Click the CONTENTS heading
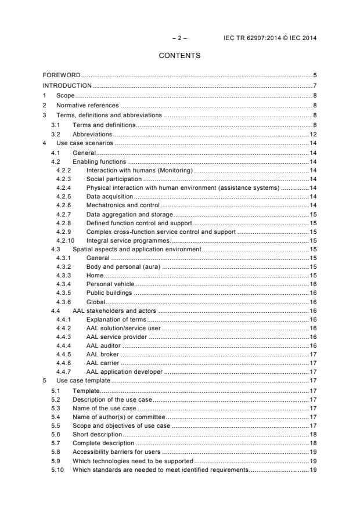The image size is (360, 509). point(179,56)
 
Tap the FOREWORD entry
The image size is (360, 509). point(62,75)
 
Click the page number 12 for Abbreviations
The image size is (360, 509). point(312,133)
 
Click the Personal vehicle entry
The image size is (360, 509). point(110,284)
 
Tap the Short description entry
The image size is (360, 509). point(97,434)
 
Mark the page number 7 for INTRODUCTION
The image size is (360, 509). point(314,86)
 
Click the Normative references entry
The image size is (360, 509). point(87,106)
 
